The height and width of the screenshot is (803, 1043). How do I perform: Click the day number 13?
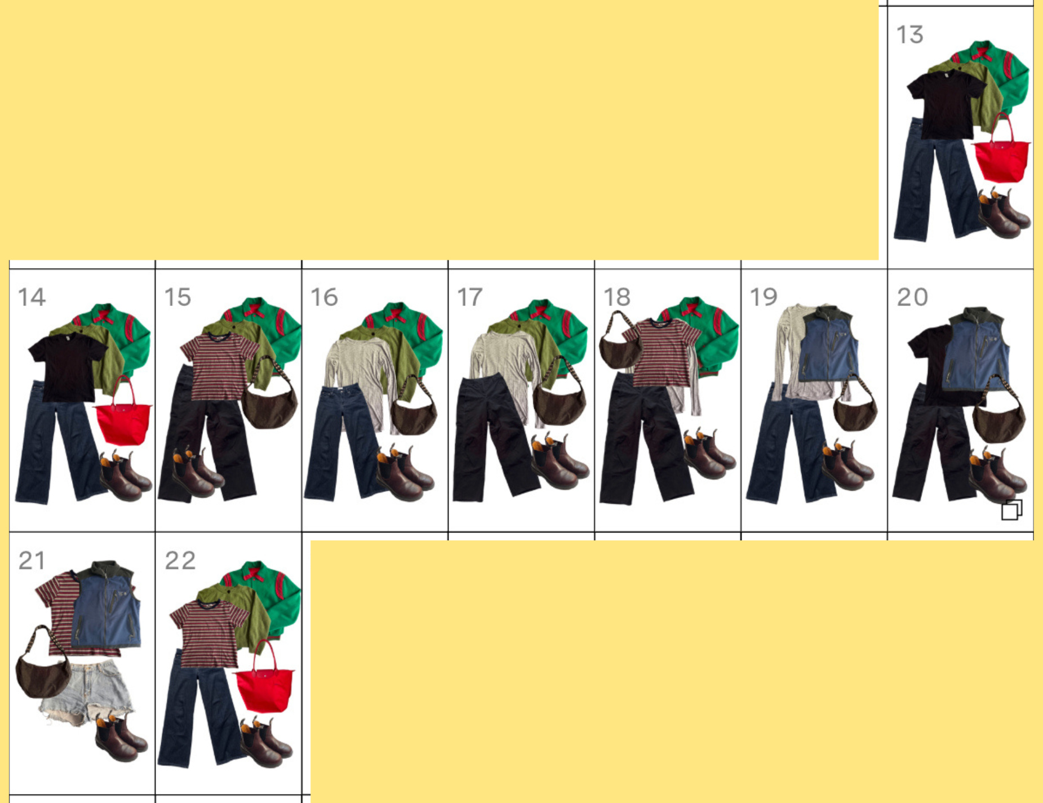point(910,35)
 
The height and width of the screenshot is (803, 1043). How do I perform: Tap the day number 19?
point(764,297)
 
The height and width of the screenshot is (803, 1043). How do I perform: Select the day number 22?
point(180,561)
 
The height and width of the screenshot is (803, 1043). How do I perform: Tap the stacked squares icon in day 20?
point(1012,510)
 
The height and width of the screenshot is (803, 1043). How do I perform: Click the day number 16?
point(324,297)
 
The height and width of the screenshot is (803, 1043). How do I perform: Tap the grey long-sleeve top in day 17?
point(504,366)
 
